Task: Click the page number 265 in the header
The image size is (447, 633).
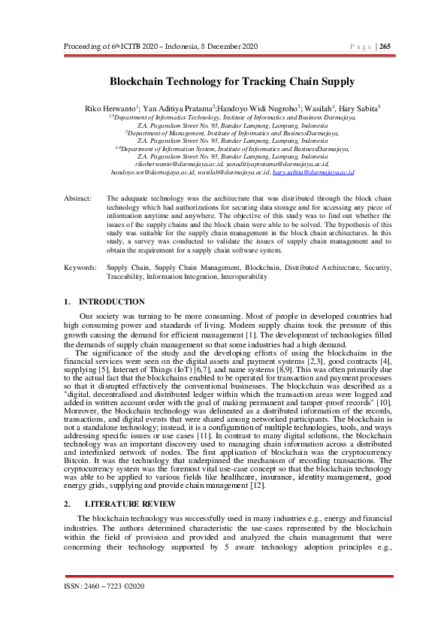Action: coord(385,46)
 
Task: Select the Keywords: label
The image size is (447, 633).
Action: coord(80,267)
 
